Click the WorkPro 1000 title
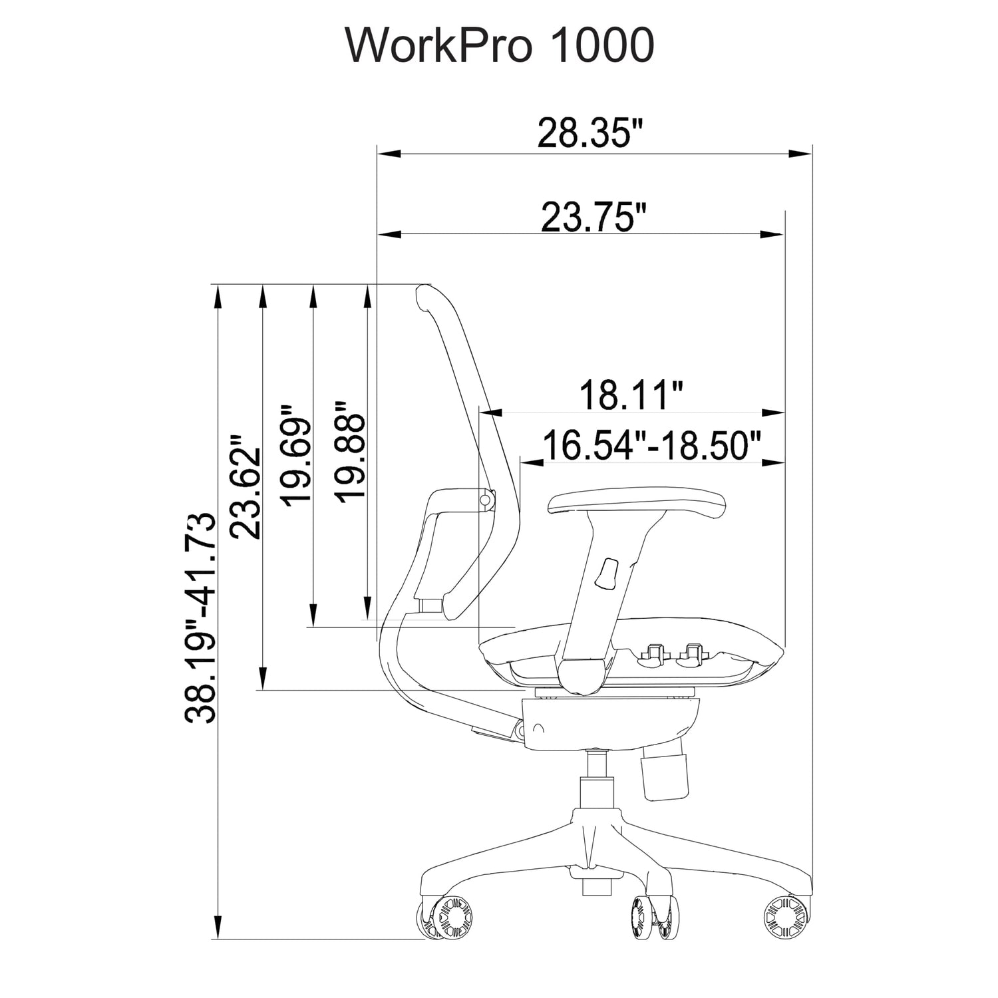[x=500, y=46]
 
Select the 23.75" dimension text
[x=593, y=216]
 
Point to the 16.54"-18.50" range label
[x=651, y=445]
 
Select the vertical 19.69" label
[x=295, y=454]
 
